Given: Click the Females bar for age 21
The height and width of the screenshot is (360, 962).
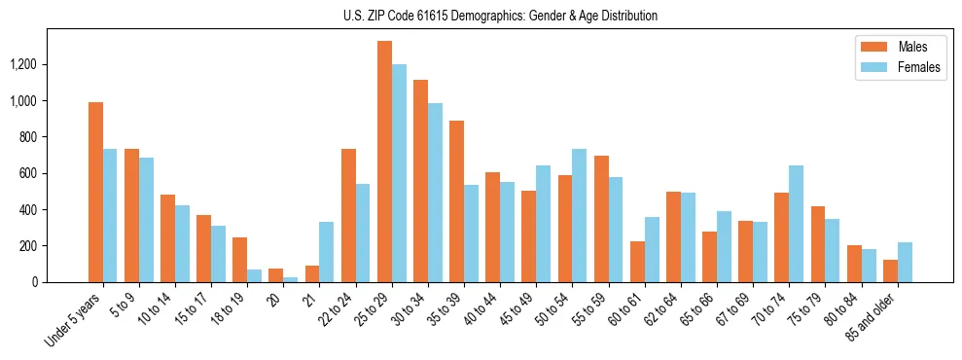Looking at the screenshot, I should [x=327, y=252].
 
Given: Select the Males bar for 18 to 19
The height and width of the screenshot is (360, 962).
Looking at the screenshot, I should [x=239, y=260].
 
